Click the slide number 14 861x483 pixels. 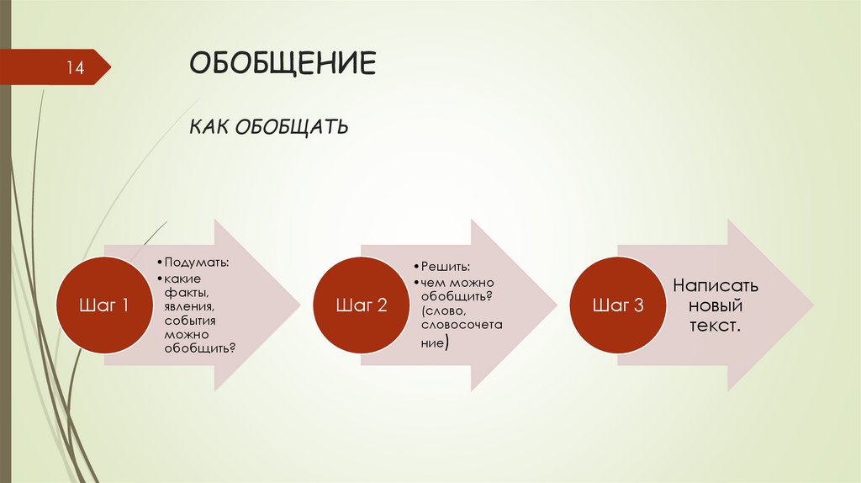(76, 67)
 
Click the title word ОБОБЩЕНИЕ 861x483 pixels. (283, 65)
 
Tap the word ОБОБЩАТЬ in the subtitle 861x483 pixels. (293, 128)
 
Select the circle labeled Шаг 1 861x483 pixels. (104, 305)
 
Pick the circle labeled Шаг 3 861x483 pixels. (618, 305)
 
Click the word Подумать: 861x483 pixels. (198, 263)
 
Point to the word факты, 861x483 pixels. (183, 293)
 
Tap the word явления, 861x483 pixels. (188, 306)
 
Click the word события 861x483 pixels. (191, 321)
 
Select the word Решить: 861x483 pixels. (442, 266)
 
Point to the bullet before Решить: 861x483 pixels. (415, 267)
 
